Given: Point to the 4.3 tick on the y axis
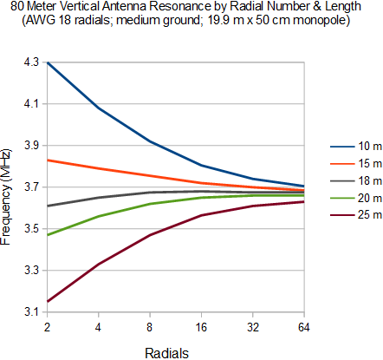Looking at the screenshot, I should point(29,62).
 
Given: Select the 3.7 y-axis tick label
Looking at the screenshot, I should point(29,187).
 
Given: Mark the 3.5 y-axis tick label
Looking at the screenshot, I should point(29,229).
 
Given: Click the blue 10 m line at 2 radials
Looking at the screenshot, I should point(48,62).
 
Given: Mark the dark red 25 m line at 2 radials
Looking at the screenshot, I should point(48,301).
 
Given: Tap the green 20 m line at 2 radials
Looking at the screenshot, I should point(48,234).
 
